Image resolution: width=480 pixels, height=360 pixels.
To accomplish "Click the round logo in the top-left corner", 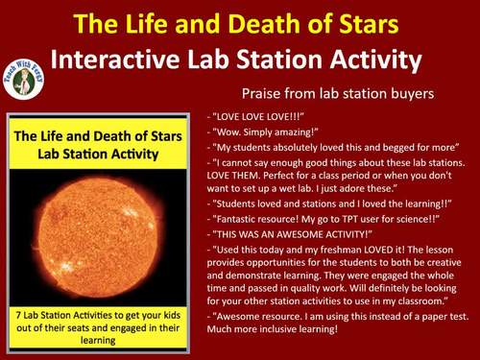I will [27, 76].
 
